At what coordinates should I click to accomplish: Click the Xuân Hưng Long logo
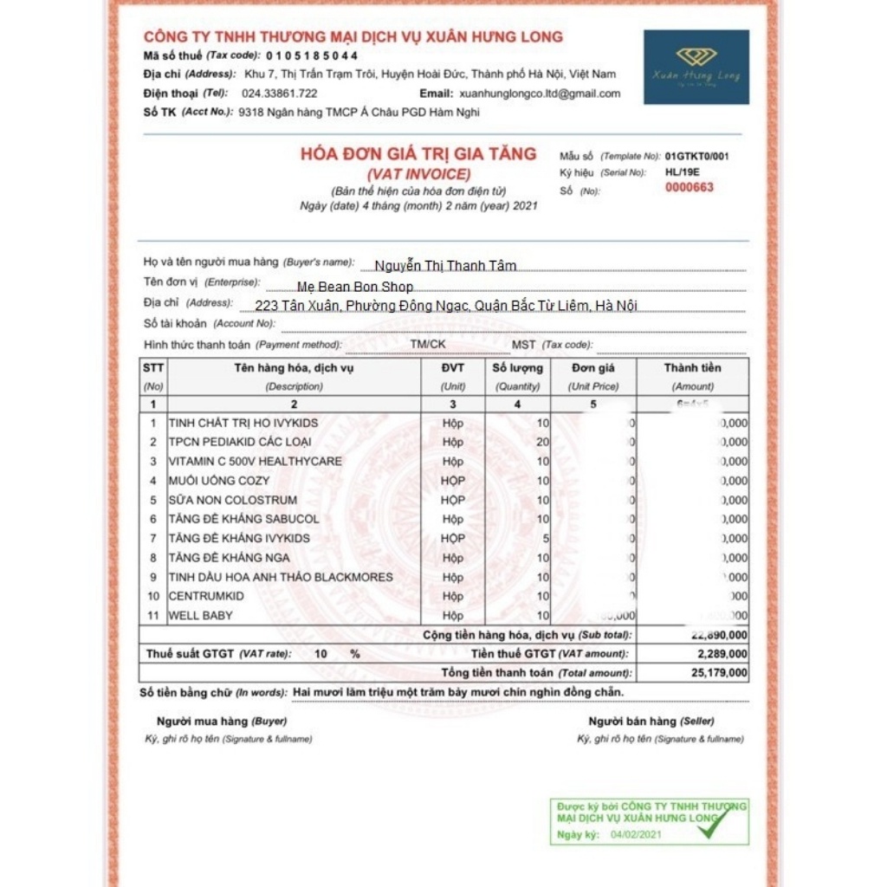coord(696,67)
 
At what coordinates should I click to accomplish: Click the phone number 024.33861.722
coord(279,94)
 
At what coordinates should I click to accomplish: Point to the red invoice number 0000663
coord(689,187)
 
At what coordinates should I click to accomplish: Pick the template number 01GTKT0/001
coord(696,157)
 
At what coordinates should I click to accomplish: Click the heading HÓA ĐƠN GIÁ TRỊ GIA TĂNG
coord(418,154)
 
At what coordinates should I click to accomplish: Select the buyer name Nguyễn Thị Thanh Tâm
coord(445,266)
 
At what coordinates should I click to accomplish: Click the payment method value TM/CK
coord(428,344)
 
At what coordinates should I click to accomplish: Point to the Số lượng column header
coord(517,368)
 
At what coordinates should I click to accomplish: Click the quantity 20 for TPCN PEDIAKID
coord(542,442)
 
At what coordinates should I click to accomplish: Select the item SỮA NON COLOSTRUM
coord(232,500)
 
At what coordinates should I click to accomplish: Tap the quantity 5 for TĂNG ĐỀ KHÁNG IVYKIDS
coord(546,538)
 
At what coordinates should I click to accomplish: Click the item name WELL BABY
coord(200,615)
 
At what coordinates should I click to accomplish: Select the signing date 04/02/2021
coord(636,835)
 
